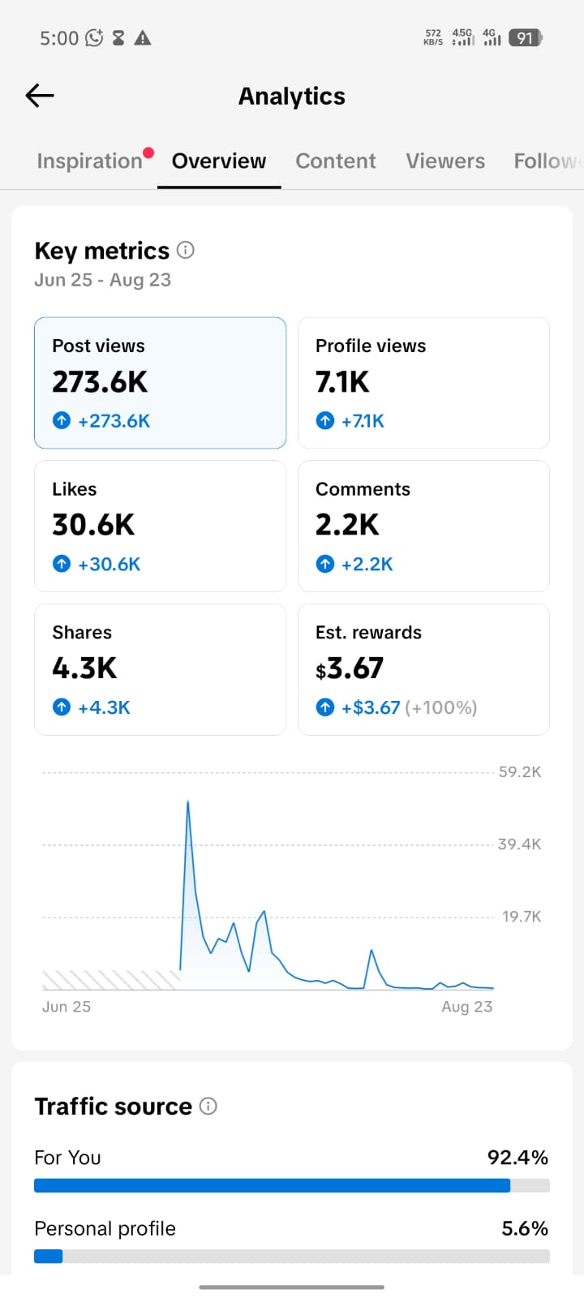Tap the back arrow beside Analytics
pyautogui.click(x=40, y=96)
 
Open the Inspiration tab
pyautogui.click(x=90, y=161)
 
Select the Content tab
pyautogui.click(x=336, y=161)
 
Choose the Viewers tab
pyautogui.click(x=445, y=161)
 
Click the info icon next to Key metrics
pyautogui.click(x=186, y=251)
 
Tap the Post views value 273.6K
pyautogui.click(x=100, y=382)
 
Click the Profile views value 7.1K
pyautogui.click(x=341, y=382)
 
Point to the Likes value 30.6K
pyautogui.click(x=93, y=525)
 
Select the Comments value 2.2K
pyautogui.click(x=347, y=525)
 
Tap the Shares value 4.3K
pyautogui.click(x=84, y=668)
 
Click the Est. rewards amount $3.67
pyautogui.click(x=350, y=668)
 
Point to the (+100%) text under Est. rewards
pyautogui.click(x=441, y=707)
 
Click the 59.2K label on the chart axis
pyautogui.click(x=520, y=771)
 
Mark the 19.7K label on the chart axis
pyautogui.click(x=522, y=916)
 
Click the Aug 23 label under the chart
pyautogui.click(x=467, y=1007)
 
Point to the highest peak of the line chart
pyautogui.click(x=187, y=802)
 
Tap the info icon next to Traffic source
pyautogui.click(x=208, y=1107)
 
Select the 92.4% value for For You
pyautogui.click(x=517, y=1157)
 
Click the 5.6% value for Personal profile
pyautogui.click(x=525, y=1228)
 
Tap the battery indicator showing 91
pyautogui.click(x=526, y=38)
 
